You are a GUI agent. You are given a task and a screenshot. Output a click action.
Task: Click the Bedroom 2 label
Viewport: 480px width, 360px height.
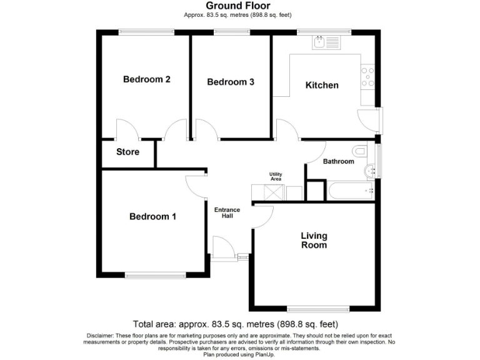click(146, 79)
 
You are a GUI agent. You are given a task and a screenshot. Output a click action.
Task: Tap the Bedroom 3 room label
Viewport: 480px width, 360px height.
click(230, 82)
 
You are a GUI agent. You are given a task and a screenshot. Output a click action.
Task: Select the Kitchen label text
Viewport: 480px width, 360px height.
click(321, 85)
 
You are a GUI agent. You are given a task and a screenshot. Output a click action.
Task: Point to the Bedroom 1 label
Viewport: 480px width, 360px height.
click(152, 216)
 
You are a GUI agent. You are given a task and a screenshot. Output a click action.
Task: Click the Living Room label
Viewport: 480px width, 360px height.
click(314, 240)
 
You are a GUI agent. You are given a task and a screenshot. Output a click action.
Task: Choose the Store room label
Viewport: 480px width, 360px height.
click(127, 152)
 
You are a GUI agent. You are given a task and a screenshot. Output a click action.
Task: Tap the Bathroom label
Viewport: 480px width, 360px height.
click(338, 161)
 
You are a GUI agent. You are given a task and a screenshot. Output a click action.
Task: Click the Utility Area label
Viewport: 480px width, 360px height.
click(276, 176)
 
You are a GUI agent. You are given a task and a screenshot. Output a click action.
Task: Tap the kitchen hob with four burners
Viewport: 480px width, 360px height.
click(367, 76)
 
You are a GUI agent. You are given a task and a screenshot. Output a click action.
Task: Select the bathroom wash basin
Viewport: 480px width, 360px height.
click(371, 168)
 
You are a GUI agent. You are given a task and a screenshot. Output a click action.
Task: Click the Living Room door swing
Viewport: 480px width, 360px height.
click(264, 216)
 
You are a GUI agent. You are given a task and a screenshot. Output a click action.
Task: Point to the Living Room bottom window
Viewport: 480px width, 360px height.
click(318, 308)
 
